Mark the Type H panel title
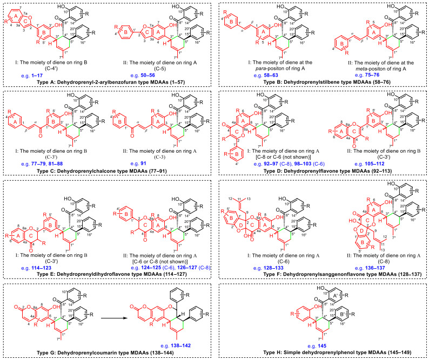click(x=323, y=353)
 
